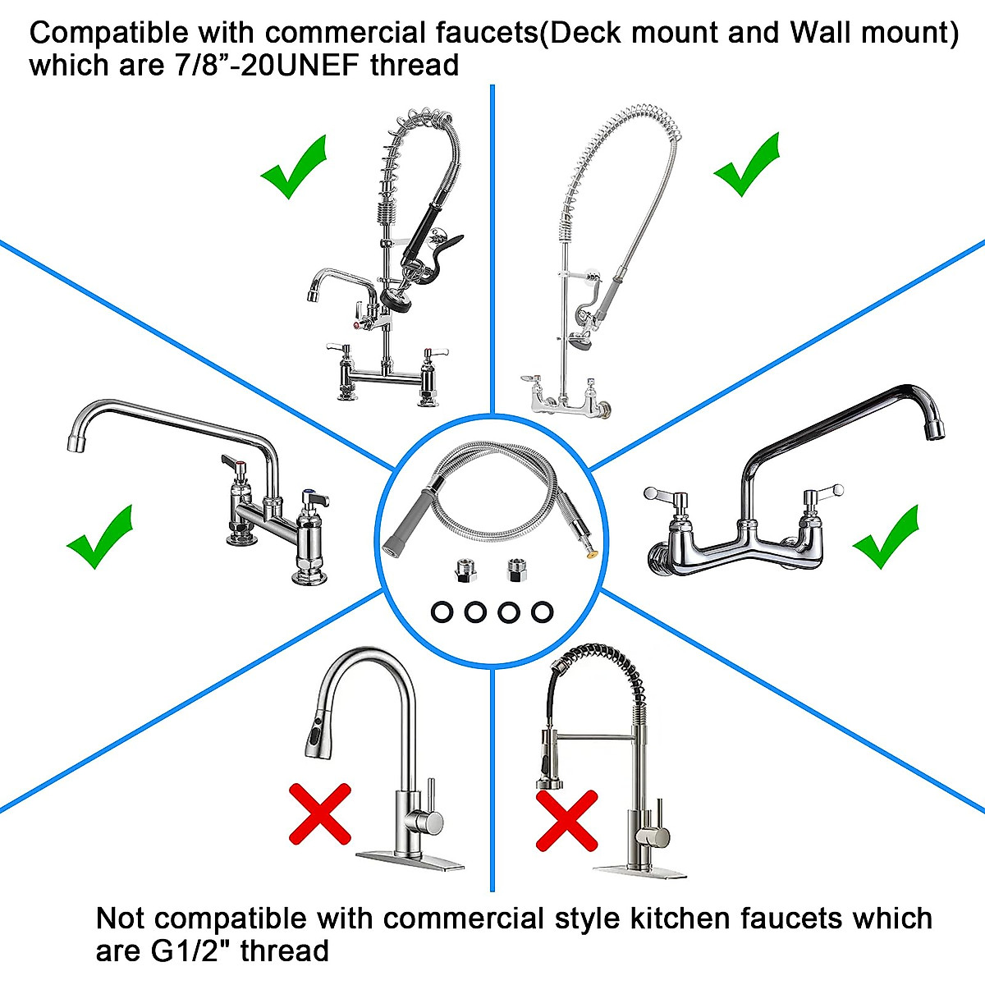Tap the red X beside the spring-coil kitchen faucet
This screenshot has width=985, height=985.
[566, 820]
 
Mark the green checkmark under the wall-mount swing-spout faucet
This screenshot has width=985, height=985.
[886, 537]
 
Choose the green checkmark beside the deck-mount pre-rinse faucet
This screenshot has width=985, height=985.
[293, 168]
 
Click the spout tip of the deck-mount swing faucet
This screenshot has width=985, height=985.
[76, 443]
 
